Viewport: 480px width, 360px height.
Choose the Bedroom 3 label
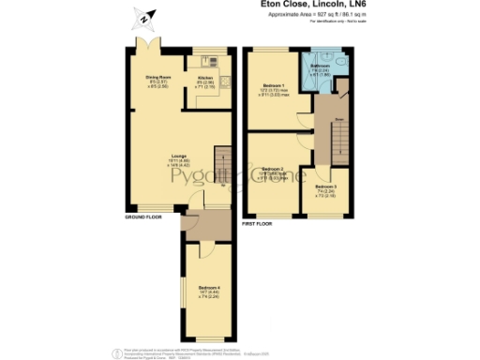click(x=325, y=187)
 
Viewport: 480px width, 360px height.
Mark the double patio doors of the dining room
click(x=145, y=48)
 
